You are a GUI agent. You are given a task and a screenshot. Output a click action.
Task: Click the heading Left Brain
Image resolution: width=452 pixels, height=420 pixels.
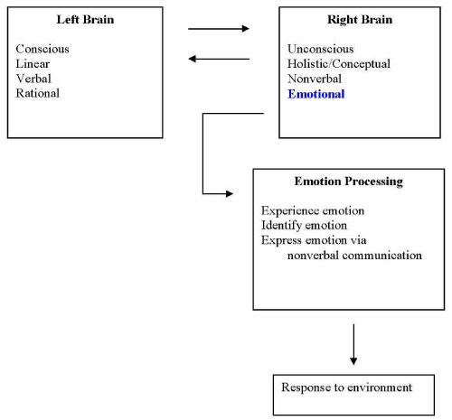85,20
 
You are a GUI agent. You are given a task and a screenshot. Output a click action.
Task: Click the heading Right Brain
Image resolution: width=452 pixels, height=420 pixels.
360,20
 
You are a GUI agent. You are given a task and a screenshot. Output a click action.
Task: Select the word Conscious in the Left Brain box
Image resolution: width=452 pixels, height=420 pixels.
42,49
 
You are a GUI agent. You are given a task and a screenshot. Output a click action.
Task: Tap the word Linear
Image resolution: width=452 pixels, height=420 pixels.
33,63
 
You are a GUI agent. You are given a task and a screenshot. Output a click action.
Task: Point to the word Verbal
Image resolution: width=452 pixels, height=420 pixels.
33,79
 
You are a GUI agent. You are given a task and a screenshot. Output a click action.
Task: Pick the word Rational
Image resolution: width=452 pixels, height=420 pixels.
38,93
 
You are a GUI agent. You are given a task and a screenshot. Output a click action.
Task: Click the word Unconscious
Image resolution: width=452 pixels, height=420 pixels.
321,49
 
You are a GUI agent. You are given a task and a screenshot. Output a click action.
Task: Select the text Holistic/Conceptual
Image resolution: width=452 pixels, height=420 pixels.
339,64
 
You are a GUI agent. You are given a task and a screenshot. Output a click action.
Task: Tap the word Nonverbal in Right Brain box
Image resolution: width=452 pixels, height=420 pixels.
315,79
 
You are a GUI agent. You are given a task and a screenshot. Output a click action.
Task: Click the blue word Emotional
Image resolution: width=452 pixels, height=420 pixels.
316,94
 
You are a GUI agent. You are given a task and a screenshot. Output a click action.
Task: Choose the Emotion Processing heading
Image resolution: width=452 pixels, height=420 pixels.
349,182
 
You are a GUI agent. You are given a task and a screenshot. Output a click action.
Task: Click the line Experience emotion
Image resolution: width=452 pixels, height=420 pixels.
313,210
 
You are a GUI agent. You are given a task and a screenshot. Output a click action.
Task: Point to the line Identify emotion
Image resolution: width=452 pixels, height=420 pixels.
304,226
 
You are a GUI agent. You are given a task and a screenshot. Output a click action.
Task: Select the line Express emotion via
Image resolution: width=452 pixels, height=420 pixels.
314,240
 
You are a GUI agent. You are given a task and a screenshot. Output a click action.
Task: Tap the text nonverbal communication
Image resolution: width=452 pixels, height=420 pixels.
354,256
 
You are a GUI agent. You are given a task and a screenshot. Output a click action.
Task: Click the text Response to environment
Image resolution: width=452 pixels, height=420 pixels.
346,387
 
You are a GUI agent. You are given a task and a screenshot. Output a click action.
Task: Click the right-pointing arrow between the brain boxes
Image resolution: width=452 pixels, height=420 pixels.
219,29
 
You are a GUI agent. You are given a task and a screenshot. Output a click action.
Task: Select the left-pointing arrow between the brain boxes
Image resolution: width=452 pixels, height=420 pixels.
219,59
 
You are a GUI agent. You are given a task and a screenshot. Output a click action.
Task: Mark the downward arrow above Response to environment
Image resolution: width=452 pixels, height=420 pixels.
353,344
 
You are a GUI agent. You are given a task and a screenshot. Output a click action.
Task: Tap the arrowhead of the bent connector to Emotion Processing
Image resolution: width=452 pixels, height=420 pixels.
230,193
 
